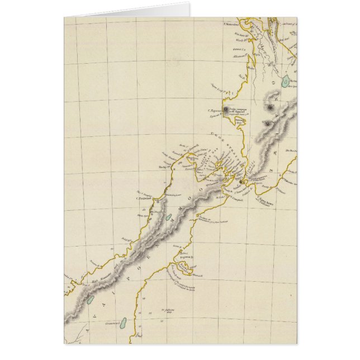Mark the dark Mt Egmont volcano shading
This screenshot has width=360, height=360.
point(226,110)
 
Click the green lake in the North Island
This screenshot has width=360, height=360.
point(286,82)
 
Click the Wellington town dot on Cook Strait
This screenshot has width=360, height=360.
point(241,182)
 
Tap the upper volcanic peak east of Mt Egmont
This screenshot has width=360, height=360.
point(271,106)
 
